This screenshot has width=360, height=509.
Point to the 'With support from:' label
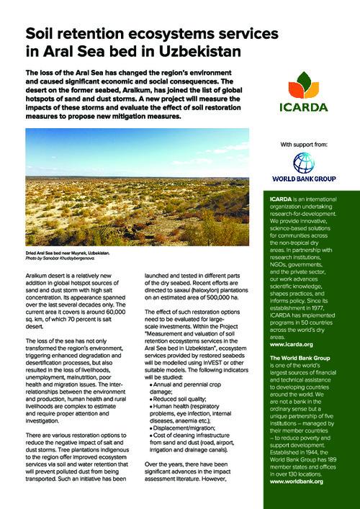click(307, 145)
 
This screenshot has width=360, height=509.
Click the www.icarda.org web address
click(287, 343)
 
